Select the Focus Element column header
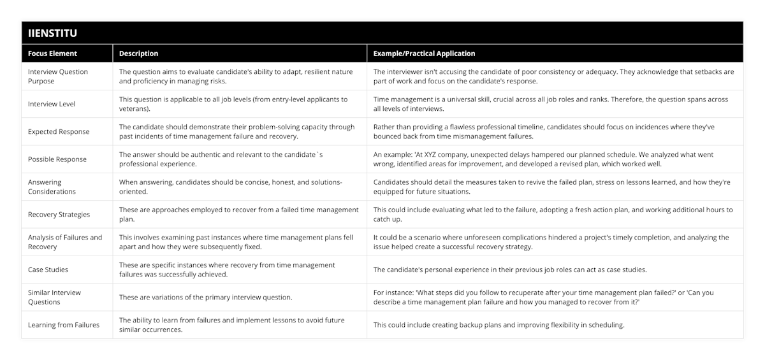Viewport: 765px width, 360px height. pos(52,54)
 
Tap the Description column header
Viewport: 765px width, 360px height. pos(138,54)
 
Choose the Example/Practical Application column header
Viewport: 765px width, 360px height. pos(424,54)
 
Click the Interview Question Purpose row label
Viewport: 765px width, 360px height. pos(58,76)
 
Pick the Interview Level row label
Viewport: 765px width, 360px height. pos(52,104)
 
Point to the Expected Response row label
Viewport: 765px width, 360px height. pos(59,132)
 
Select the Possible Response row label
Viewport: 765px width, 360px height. pos(57,159)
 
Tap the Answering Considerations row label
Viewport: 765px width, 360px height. pos(52,187)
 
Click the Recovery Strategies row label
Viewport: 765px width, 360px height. pos(59,215)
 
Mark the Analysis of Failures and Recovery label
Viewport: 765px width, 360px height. pos(65,242)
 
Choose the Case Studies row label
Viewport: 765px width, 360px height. pos(48,270)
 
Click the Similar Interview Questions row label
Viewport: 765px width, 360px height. pos(54,297)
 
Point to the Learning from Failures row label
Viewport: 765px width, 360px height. pos(64,325)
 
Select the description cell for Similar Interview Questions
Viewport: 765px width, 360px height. pos(206,298)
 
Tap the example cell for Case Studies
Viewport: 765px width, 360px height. pos(510,270)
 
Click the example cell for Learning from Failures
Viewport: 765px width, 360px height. pos(499,325)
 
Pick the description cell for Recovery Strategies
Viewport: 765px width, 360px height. pos(239,215)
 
